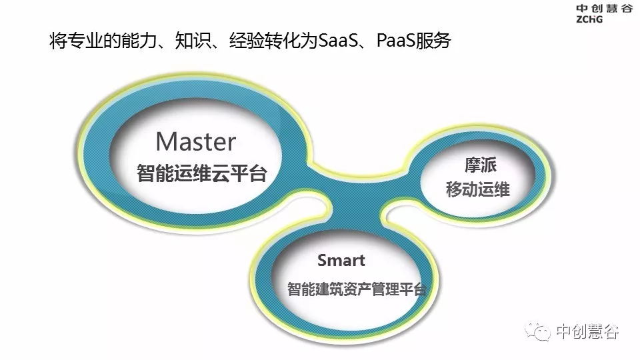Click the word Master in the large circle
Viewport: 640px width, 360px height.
coord(196,141)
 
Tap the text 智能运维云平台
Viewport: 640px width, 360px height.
coord(201,173)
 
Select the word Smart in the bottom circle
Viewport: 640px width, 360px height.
coord(341,261)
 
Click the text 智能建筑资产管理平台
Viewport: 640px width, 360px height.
coord(356,289)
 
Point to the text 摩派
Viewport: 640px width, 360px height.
coord(481,165)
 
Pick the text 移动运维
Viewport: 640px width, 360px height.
coord(477,189)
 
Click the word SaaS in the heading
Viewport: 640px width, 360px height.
coord(337,41)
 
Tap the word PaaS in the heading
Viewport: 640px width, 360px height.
coord(395,41)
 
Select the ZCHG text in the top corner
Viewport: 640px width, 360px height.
coord(589,19)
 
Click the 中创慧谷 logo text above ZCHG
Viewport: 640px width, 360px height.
coord(605,9)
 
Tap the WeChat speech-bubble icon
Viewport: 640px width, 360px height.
coord(538,331)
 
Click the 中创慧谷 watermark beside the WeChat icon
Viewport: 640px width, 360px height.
coord(587,331)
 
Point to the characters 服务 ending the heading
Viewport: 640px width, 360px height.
coord(433,41)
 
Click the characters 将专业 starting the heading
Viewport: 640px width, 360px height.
coord(76,41)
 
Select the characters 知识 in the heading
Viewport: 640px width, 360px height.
coord(193,41)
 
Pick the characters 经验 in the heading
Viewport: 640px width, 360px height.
coord(247,41)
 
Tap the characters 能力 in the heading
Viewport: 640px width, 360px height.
coord(139,41)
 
